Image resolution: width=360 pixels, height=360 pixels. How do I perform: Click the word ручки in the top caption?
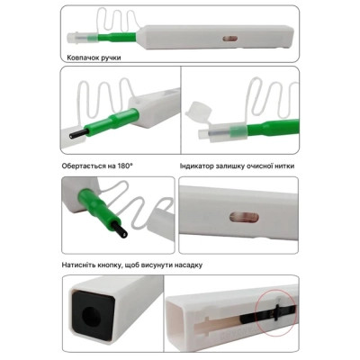pos(111,58)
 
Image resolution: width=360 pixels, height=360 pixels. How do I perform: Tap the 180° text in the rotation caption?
pos(124,166)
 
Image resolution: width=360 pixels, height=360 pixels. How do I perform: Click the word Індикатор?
pos(196,166)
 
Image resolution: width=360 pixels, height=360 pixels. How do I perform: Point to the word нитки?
pos(284,166)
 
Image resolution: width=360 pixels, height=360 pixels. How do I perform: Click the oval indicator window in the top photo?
pos(229,39)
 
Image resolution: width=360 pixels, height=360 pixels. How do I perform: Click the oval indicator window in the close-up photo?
pos(244,217)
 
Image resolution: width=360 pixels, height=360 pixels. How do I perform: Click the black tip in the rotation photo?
pos(79,133)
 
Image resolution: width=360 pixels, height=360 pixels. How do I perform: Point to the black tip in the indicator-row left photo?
pos(120,229)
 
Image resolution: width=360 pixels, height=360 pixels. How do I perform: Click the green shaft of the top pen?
pos(117,38)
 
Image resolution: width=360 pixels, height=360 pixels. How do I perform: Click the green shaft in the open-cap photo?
pos(273,127)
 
